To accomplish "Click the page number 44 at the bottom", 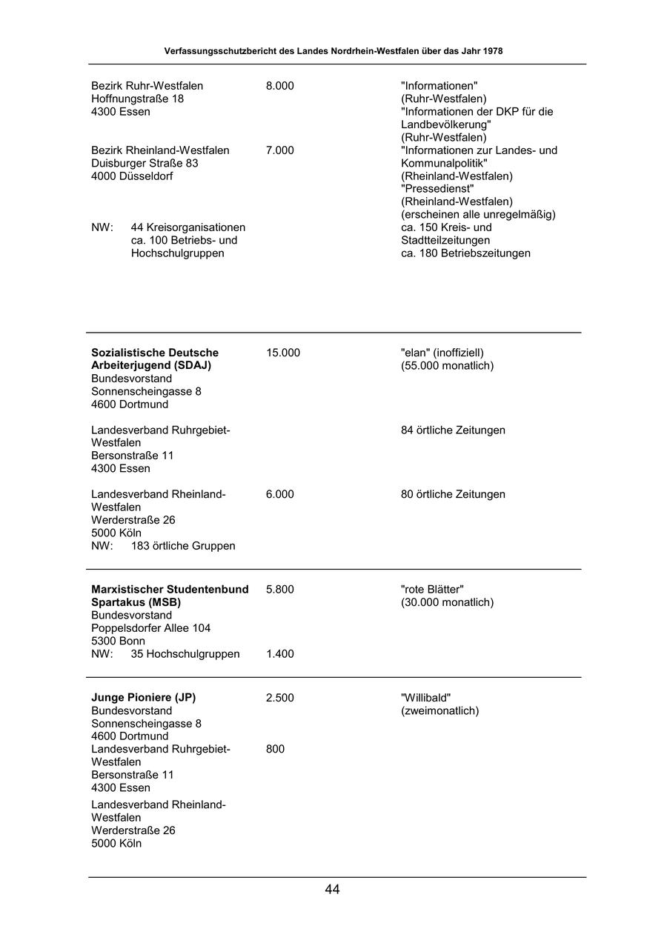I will (x=332, y=890).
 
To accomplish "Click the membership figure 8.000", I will (x=279, y=86).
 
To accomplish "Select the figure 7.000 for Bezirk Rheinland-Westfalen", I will (x=279, y=150).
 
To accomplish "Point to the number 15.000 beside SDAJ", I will (x=282, y=353).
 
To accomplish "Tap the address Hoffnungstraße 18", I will (x=137, y=99).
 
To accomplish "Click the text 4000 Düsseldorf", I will (x=132, y=176).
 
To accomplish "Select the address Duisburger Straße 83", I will (x=145, y=163).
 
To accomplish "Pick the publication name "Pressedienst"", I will (x=437, y=189).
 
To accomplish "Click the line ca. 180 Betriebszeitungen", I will (x=465, y=253).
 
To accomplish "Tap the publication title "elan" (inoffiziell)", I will (x=442, y=353).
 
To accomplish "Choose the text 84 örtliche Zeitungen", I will (x=453, y=430).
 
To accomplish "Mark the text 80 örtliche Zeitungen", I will (x=453, y=494).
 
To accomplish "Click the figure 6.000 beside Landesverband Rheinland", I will (x=279, y=494).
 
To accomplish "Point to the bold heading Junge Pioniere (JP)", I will (x=143, y=698).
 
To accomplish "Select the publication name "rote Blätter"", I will (x=432, y=590).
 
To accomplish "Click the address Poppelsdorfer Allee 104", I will (x=150, y=628).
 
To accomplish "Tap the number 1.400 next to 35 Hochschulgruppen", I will (x=279, y=654).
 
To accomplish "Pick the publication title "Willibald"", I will (x=426, y=698).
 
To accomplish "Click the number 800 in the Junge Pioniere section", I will (x=275, y=749).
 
